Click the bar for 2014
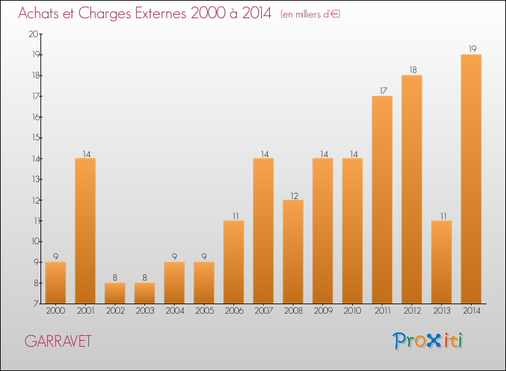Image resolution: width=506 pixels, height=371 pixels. pyautogui.click(x=471, y=179)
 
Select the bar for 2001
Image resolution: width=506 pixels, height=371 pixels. pyautogui.click(x=85, y=231)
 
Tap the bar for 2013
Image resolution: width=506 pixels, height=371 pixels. pyautogui.click(x=441, y=262)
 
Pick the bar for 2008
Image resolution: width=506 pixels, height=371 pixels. pyautogui.click(x=293, y=252)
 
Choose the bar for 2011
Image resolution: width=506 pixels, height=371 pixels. pyautogui.click(x=382, y=200)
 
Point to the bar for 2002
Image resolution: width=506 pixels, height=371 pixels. pyautogui.click(x=115, y=293)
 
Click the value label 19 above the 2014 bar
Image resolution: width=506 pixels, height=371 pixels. pyautogui.click(x=471, y=49)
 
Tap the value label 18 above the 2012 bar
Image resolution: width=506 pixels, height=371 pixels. pyautogui.click(x=412, y=69)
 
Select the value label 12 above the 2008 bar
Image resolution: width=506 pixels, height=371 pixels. pyautogui.click(x=293, y=194)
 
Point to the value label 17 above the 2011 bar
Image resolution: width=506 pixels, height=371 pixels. pyautogui.click(x=382, y=90)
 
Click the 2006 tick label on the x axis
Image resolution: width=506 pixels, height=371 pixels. pyautogui.click(x=233, y=311)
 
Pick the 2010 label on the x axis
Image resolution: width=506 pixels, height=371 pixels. pyautogui.click(x=352, y=311)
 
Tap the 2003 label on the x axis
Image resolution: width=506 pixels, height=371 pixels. pyautogui.click(x=144, y=311)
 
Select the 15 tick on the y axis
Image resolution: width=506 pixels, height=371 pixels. pyautogui.click(x=33, y=138)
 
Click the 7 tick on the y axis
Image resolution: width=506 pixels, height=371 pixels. pyautogui.click(x=35, y=304)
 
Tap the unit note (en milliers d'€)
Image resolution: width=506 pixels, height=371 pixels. pyautogui.click(x=310, y=14)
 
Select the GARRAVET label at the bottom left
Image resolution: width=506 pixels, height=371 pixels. pyautogui.click(x=58, y=341)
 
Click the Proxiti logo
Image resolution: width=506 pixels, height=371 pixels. pyautogui.click(x=428, y=341)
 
